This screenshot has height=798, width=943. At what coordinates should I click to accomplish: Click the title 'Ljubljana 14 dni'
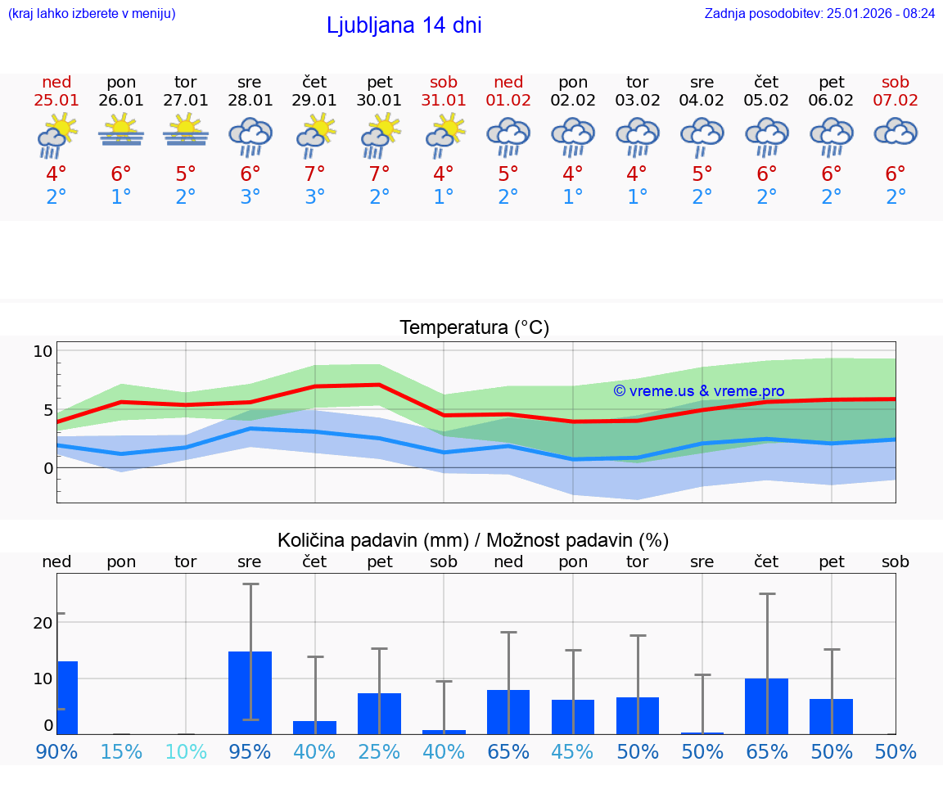pos(404,25)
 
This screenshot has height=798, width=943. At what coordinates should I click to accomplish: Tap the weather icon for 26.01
pos(121,130)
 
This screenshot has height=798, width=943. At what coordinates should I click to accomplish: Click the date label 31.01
pos(444,101)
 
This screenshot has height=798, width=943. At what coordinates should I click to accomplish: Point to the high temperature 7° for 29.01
pos(314,174)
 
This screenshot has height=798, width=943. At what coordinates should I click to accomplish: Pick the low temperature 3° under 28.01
pos(250,197)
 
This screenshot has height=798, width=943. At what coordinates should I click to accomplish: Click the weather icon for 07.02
pos(896,131)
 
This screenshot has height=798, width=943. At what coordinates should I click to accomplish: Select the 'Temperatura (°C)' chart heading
pos(474,328)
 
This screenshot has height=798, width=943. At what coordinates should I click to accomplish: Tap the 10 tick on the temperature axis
pos(43,351)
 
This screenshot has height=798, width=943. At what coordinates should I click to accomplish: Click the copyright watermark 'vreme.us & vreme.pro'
pos(699,391)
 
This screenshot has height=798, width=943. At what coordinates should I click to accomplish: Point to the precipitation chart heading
pos(473,540)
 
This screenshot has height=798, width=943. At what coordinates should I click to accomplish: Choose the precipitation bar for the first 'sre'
pos(250,692)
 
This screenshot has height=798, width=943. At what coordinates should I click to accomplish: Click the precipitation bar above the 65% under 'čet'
pos(767,706)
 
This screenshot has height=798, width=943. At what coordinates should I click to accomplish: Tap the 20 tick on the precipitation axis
pos(43,622)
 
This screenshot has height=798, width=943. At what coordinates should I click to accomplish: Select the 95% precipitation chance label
pos(250,751)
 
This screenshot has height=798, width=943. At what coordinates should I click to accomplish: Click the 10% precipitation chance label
pos(186,751)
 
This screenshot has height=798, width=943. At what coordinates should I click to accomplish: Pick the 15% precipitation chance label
pos(121,751)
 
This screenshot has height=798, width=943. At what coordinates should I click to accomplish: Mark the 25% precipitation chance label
pos(379,751)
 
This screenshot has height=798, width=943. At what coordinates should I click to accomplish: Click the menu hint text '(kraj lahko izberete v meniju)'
pos(92,14)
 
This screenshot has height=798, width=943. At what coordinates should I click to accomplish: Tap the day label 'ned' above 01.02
pos(508,82)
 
